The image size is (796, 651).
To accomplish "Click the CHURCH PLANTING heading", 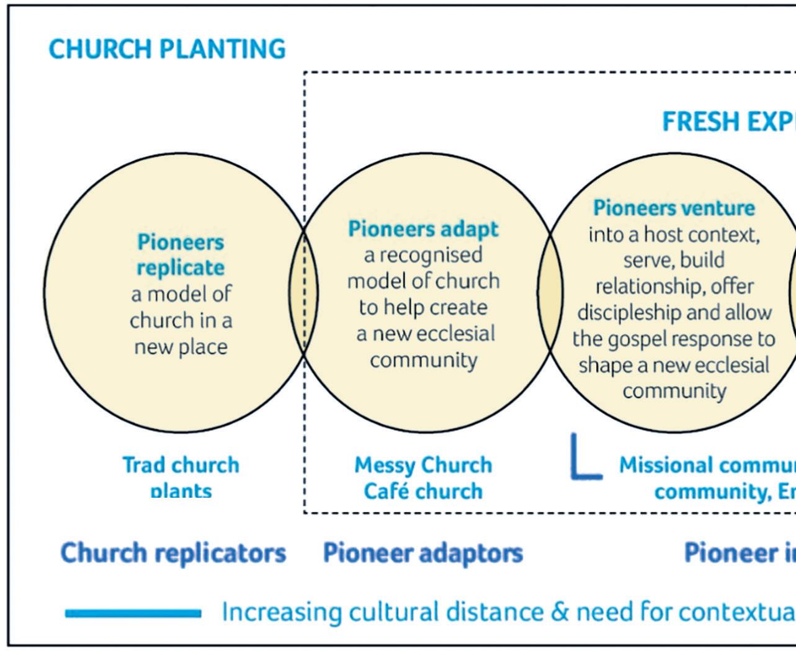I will tap(167, 49).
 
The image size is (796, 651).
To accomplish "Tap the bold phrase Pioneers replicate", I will tap(181, 254).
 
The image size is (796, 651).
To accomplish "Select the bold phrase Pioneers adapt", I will tap(423, 229).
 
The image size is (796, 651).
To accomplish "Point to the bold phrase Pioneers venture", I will tap(674, 207).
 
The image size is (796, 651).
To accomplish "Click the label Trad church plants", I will tap(181, 477).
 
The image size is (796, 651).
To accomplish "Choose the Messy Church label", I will tap(423, 465).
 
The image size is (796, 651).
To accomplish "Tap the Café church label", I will tap(423, 491).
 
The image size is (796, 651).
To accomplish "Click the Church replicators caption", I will tap(173, 552).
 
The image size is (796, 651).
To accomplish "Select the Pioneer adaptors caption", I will tap(423, 552).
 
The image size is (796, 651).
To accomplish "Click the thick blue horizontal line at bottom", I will tap(133, 614).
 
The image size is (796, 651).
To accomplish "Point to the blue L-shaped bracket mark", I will tap(583, 459).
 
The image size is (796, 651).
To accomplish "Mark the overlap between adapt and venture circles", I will tap(550, 292).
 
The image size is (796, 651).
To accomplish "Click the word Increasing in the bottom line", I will tap(282, 613).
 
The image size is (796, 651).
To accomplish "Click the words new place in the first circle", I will tap(181, 346).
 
